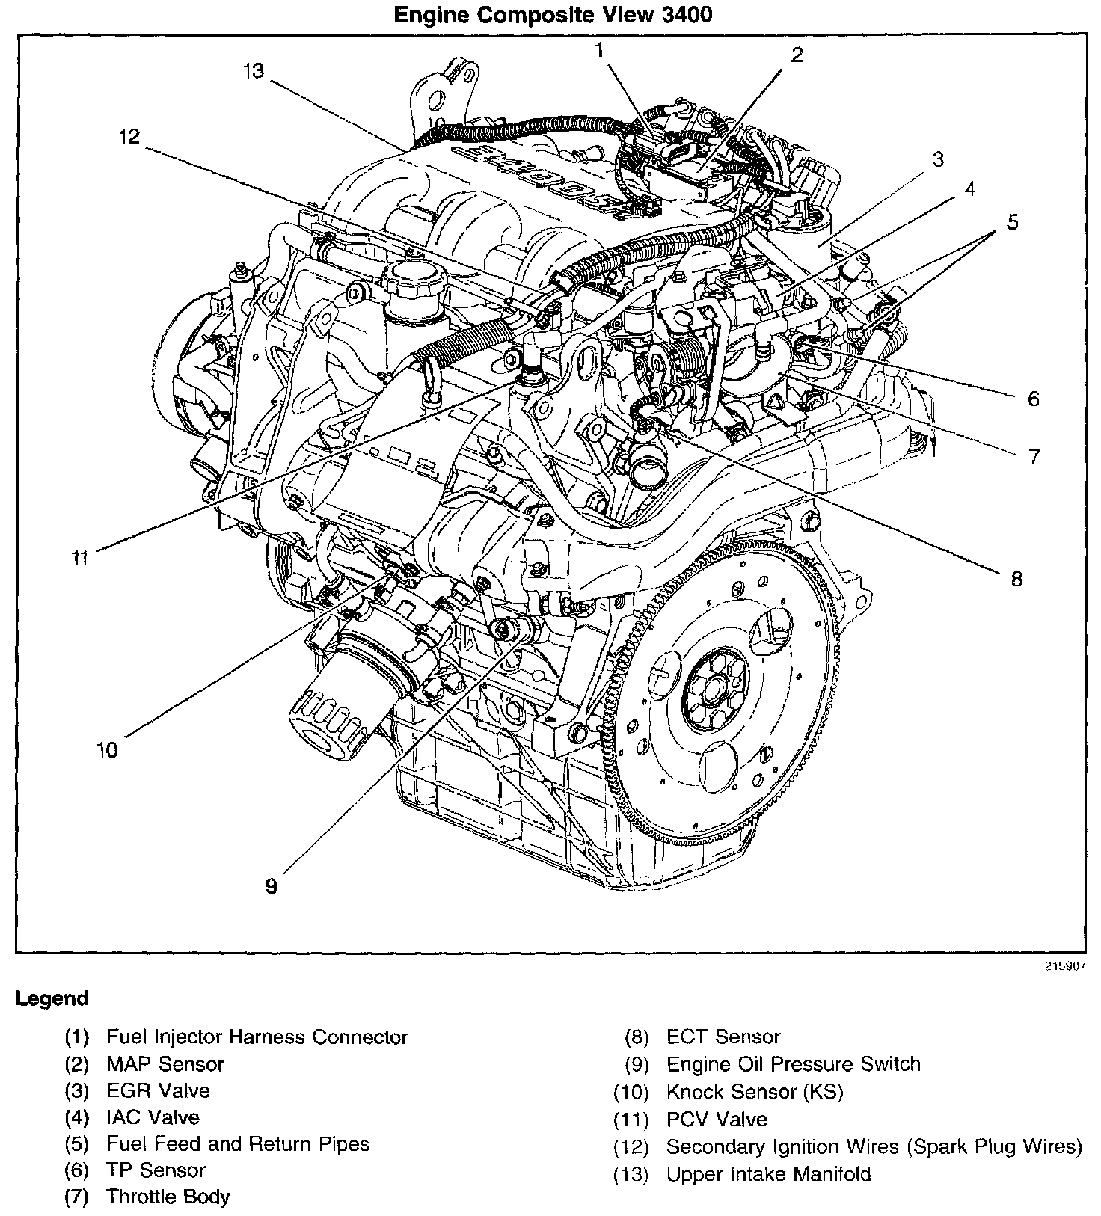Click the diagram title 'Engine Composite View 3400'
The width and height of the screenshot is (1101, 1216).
coord(553,15)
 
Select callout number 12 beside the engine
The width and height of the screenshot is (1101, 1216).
coord(129,137)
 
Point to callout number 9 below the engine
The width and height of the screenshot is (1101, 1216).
coord(271,886)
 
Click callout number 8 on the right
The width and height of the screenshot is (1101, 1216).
coord(1016,578)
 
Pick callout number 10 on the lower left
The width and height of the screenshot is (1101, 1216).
coord(107,749)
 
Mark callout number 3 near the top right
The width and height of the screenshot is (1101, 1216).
coord(937,159)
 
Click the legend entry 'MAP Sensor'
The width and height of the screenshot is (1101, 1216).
coord(165,1063)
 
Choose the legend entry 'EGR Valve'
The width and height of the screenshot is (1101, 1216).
coord(158,1090)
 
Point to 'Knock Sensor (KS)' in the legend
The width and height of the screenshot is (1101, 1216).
coord(754,1092)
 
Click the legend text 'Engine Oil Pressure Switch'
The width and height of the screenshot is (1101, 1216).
coord(793,1063)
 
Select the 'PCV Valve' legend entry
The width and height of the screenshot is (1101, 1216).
coord(717,1120)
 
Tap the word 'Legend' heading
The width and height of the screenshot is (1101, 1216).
coord(52,998)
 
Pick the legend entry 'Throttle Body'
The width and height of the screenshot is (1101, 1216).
coord(168,1197)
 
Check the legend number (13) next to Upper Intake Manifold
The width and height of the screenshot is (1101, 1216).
coord(630,1174)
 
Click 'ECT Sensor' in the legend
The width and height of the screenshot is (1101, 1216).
coord(723,1037)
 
